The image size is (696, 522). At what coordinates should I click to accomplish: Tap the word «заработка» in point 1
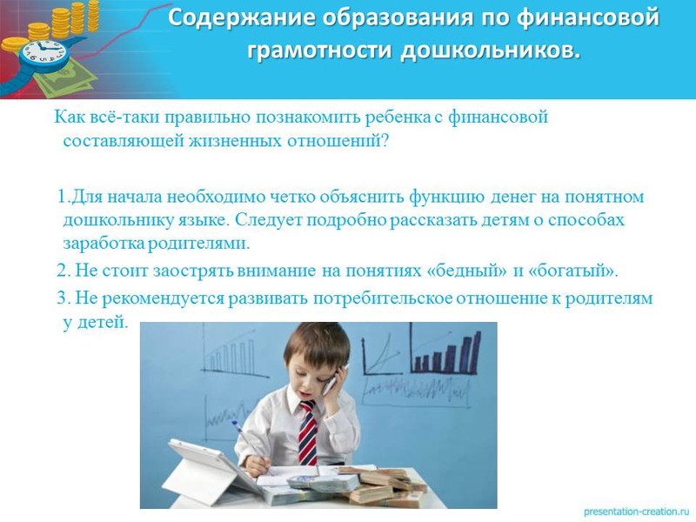point(104,244)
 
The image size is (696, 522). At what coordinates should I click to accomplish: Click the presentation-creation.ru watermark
point(637,512)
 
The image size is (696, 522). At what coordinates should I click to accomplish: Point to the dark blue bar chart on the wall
point(446,351)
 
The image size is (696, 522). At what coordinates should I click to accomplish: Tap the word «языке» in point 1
point(204,221)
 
